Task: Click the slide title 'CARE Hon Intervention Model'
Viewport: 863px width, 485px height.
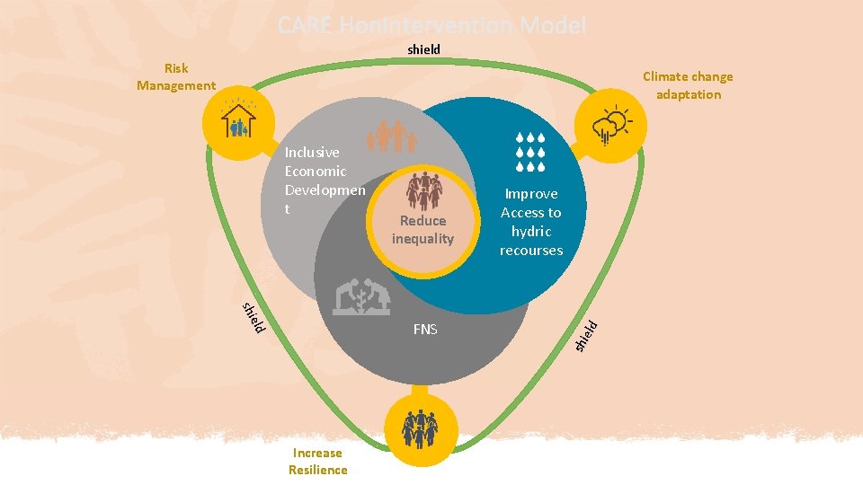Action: (x=431, y=25)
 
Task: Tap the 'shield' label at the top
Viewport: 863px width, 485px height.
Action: (x=423, y=49)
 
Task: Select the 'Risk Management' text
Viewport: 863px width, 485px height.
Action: (x=176, y=76)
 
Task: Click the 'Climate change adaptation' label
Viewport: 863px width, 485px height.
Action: (x=688, y=85)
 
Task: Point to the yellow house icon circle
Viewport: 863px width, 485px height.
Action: (x=237, y=122)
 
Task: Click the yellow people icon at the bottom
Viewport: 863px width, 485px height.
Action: (x=419, y=429)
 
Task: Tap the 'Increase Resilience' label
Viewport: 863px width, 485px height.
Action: (x=317, y=461)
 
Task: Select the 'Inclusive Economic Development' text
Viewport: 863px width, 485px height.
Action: (x=325, y=181)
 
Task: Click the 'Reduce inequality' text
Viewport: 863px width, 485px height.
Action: (x=423, y=229)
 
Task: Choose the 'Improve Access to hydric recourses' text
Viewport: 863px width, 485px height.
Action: (x=531, y=222)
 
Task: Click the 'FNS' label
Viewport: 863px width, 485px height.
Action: (x=425, y=330)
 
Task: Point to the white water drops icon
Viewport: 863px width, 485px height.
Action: (x=531, y=153)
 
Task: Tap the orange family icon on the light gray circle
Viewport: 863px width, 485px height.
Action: (x=392, y=137)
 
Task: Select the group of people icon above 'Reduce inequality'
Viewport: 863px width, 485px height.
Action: (x=423, y=190)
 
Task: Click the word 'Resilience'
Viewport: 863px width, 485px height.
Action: (x=317, y=470)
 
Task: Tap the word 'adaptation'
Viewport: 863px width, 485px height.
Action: (x=688, y=94)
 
